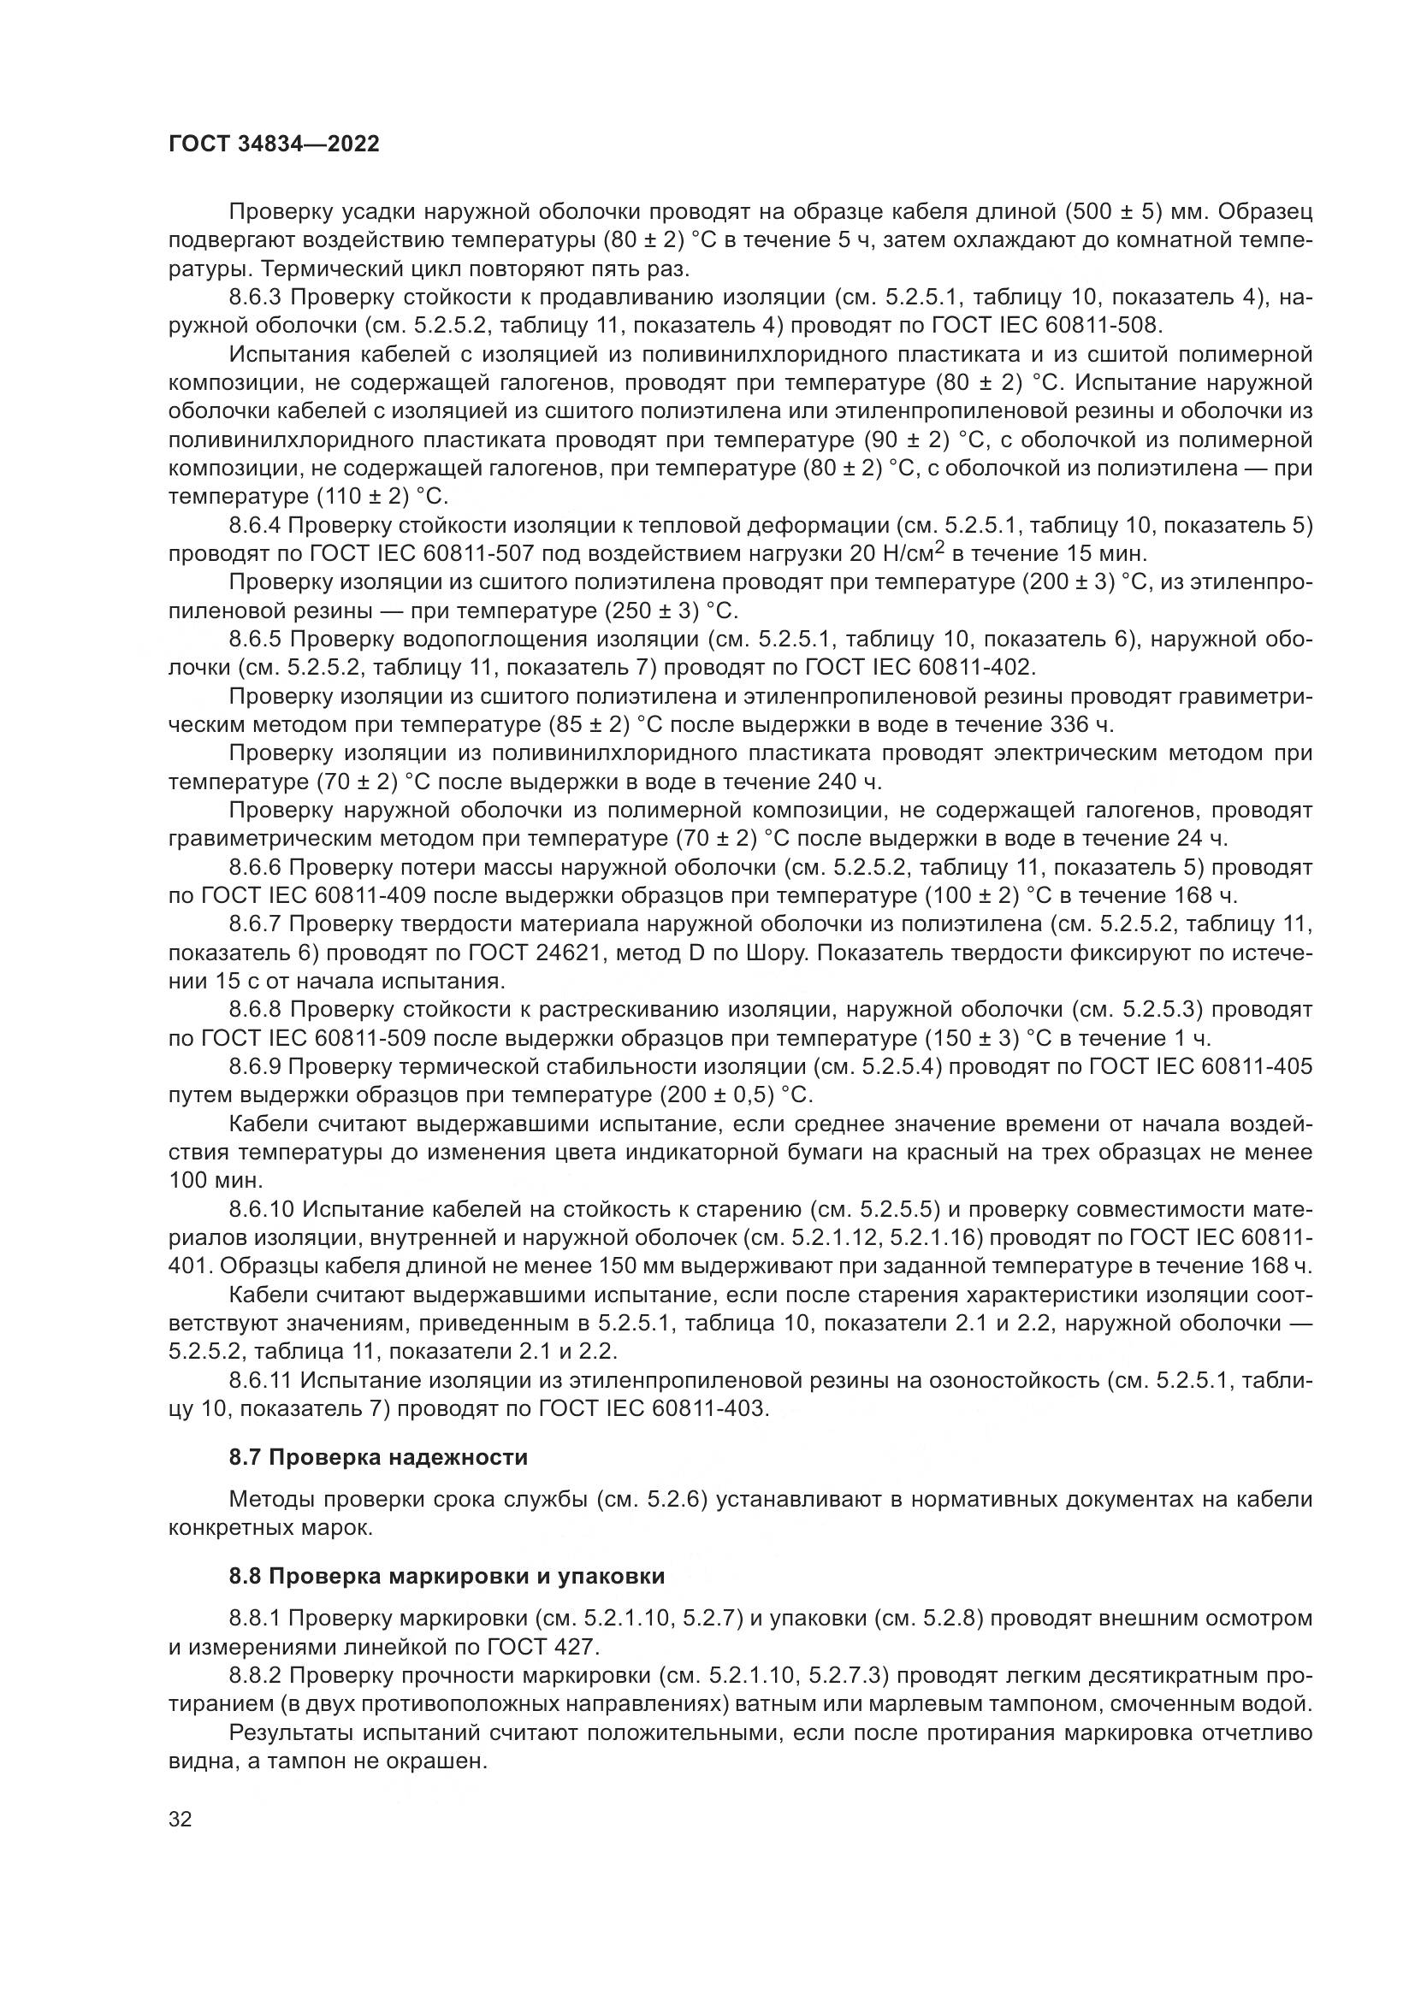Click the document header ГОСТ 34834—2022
tap(274, 145)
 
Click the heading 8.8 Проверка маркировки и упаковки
tap(447, 1576)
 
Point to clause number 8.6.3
tap(255, 298)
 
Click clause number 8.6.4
tap(255, 525)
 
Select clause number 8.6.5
tap(255, 640)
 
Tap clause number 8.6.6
tap(255, 868)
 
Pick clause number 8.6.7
tap(255, 924)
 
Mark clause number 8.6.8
tap(255, 1010)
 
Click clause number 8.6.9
tap(255, 1067)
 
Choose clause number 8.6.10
tap(262, 1210)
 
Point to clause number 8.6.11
tap(262, 1381)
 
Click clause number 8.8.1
tap(255, 1619)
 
